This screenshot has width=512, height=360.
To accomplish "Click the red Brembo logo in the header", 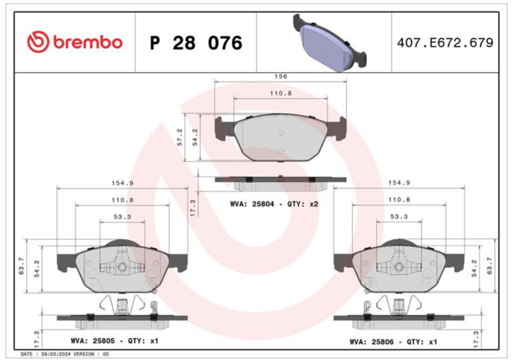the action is coord(74,42).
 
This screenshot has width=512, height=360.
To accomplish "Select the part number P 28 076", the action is coord(196,43).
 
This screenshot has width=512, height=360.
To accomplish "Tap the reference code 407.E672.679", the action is coord(445,43).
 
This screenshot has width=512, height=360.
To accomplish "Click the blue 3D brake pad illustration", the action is coord(330,43).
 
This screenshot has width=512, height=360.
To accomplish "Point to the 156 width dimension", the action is coord(280,76).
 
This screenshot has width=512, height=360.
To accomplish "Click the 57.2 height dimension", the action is coord(180,137).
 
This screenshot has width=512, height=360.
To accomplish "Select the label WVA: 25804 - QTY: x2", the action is coord(274,204).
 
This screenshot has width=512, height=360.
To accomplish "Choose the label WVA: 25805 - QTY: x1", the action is coord(115,341).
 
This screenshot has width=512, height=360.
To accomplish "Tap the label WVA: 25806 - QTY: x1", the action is coord(393,341).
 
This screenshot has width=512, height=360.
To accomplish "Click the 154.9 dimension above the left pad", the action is coord(122,183).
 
